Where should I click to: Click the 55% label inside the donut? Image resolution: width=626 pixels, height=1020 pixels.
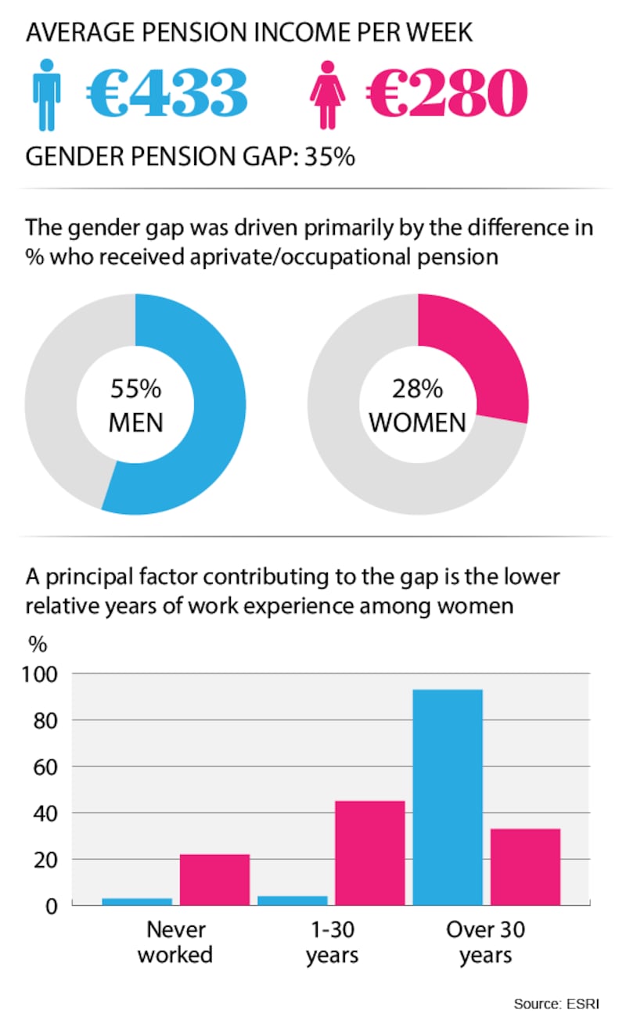point(135,389)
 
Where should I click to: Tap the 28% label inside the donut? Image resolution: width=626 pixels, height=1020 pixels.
point(418,389)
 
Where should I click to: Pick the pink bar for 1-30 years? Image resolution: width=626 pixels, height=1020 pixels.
point(370,853)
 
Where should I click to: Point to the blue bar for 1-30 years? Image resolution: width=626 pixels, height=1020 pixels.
point(292,900)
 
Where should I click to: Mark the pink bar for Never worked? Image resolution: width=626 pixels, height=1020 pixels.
point(214,879)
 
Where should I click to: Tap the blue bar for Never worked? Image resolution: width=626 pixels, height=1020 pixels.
point(137,901)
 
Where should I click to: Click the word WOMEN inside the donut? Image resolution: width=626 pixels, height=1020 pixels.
point(418,423)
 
